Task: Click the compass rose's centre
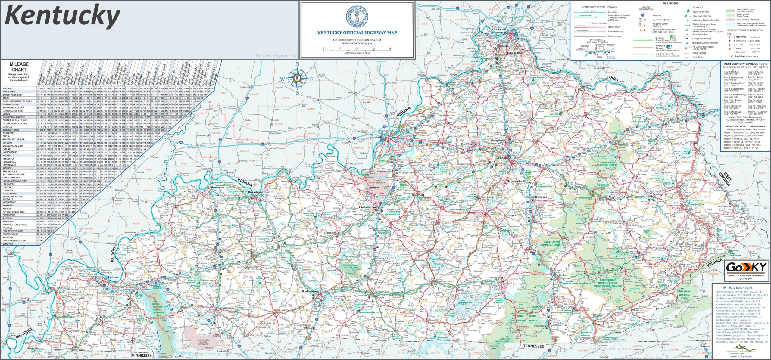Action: click(297, 79)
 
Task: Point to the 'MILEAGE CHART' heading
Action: click(19, 67)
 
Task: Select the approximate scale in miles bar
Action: click(357, 50)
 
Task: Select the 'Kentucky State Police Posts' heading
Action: click(745, 64)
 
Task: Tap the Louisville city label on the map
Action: click(377, 138)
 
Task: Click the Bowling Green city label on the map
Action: click(311, 291)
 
